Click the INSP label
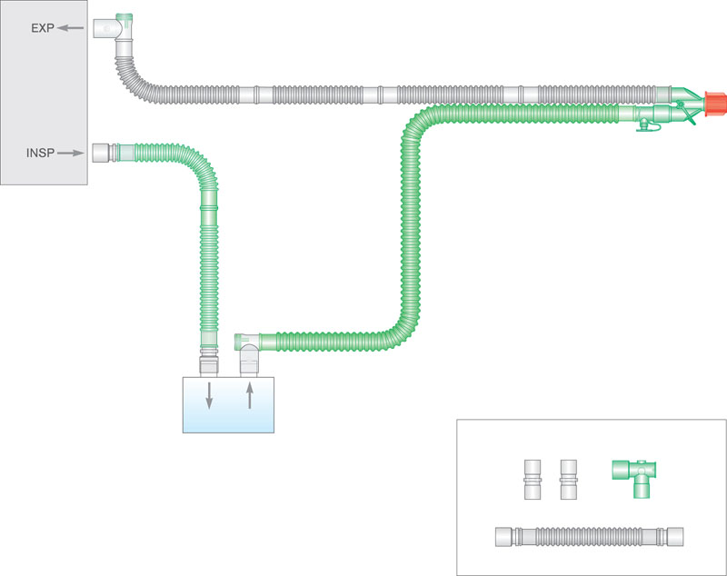pyautogui.click(x=40, y=154)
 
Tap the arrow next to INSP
pyautogui.click(x=70, y=154)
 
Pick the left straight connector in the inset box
pyautogui.click(x=533, y=477)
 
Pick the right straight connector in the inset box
pyautogui.click(x=570, y=477)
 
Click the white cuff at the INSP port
pyautogui.click(x=102, y=152)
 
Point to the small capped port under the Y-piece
pyautogui.click(x=646, y=128)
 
